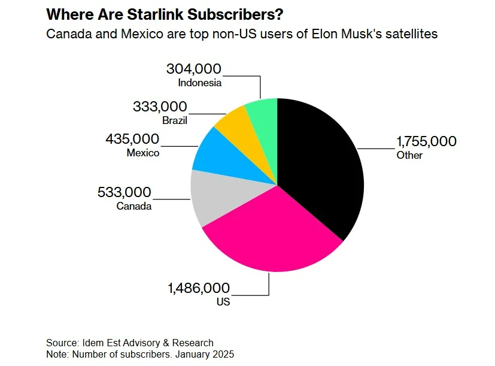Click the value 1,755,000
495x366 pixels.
pyautogui.click(x=426, y=142)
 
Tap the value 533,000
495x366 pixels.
pyautogui.click(x=124, y=193)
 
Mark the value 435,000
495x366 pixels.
pyautogui.click(x=132, y=140)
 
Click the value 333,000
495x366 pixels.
pyautogui.click(x=160, y=107)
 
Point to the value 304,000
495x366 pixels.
pyautogui.click(x=194, y=69)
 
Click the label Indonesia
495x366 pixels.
pyautogui.click(x=200, y=83)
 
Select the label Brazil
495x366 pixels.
pyautogui.click(x=175, y=120)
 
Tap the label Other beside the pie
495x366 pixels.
pyautogui.click(x=409, y=155)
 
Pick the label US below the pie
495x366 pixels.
pyautogui.click(x=223, y=301)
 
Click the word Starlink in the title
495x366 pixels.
pyautogui.click(x=152, y=14)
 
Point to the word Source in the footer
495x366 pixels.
pyautogui.click(x=62, y=343)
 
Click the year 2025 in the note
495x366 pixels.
pyautogui.click(x=223, y=354)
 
